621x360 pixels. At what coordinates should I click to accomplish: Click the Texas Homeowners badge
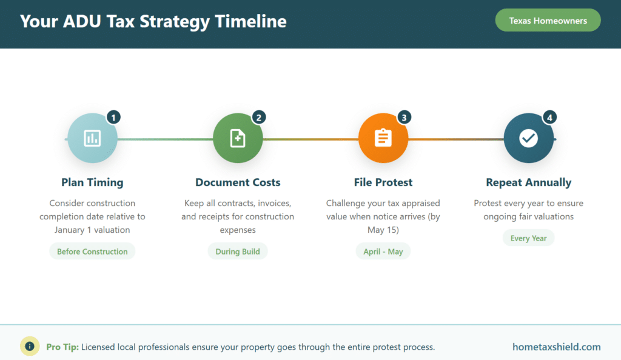pos(548,21)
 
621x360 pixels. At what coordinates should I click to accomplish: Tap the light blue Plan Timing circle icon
pos(92,138)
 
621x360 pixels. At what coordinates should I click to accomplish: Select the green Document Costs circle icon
pos(238,138)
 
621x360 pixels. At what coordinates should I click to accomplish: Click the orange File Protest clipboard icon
pos(383,138)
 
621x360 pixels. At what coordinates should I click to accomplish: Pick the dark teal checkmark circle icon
pos(528,138)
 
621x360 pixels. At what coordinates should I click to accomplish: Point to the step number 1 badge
pos(113,117)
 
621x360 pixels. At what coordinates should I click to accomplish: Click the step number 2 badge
pos(259,117)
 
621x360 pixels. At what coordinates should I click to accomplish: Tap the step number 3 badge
pos(404,117)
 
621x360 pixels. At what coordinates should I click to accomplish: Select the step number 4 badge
pos(549,117)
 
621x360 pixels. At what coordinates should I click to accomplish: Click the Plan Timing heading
pos(92,182)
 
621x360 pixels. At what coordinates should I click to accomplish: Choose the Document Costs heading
pos(238,182)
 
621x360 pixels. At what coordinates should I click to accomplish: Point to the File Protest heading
pos(383,182)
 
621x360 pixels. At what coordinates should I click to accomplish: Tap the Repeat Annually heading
pos(528,182)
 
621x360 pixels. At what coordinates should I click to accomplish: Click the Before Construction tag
pos(92,252)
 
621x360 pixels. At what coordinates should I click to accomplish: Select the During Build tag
pos(238,252)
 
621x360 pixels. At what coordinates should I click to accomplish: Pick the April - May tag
pos(383,252)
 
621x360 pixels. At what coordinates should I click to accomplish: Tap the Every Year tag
pos(528,238)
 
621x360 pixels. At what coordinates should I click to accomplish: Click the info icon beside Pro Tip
pos(30,346)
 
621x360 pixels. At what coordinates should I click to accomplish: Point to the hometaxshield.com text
pos(556,347)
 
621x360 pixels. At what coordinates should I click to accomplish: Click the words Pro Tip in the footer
pos(62,347)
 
